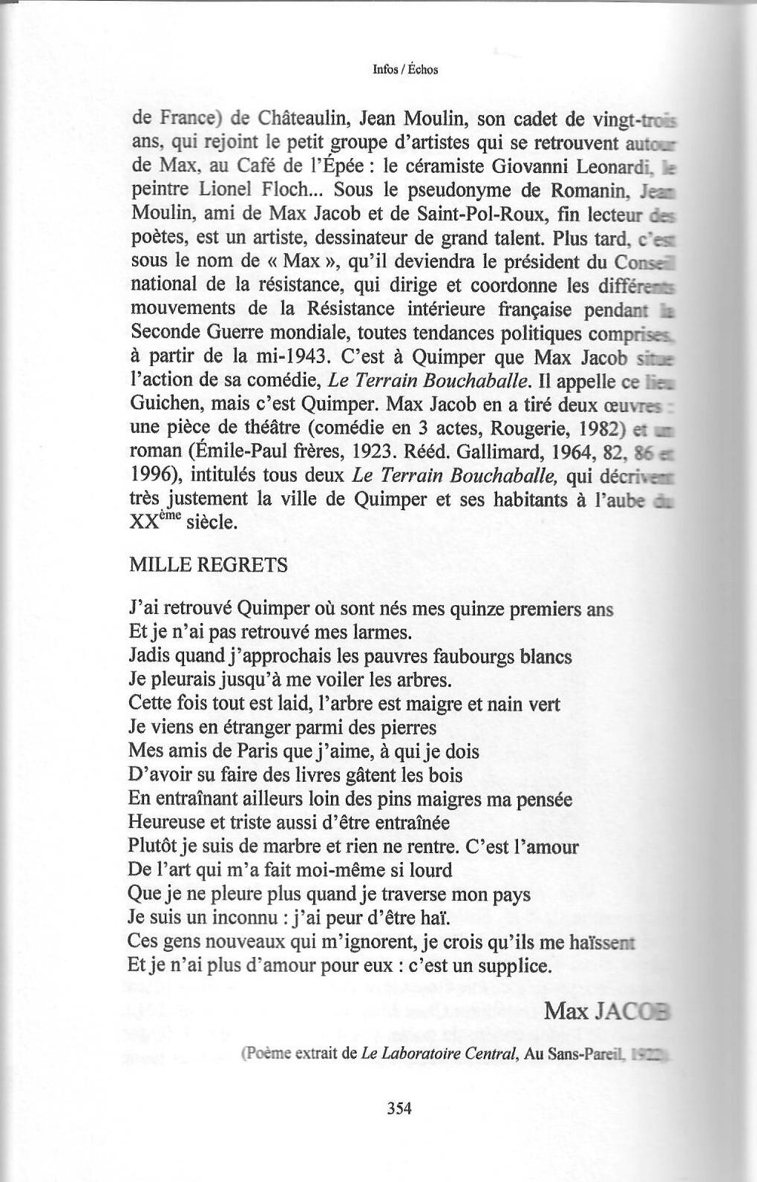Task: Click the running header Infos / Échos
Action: tap(405, 70)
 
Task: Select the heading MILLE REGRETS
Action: tap(208, 565)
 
